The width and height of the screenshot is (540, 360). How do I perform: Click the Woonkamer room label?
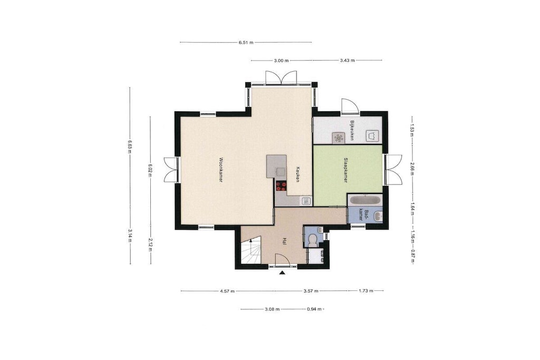coord(221,170)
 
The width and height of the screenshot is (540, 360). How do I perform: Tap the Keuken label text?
coord(298,174)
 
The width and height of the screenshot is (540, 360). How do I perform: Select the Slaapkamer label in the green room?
coord(345,170)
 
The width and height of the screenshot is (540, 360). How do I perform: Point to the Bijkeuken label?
coord(352,130)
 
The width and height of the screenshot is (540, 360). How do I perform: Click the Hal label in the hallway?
coord(284,241)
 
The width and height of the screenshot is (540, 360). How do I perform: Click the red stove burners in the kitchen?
coord(281,186)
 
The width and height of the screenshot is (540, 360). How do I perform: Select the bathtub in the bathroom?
coord(364,199)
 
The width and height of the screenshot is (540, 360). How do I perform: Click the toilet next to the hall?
coord(313,239)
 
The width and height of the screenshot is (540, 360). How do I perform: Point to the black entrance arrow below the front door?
coord(283,273)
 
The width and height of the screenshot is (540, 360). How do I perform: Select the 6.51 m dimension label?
coord(246,43)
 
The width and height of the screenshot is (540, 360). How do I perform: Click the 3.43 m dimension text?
coord(347,61)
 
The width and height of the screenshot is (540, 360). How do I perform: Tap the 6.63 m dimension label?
coord(130,146)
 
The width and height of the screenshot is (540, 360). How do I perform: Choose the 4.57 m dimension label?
coord(227,291)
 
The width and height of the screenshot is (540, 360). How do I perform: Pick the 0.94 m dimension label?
coord(314,309)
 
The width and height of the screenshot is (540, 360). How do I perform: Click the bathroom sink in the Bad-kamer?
coord(377,216)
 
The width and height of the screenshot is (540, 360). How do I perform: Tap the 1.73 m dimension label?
coord(366,291)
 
